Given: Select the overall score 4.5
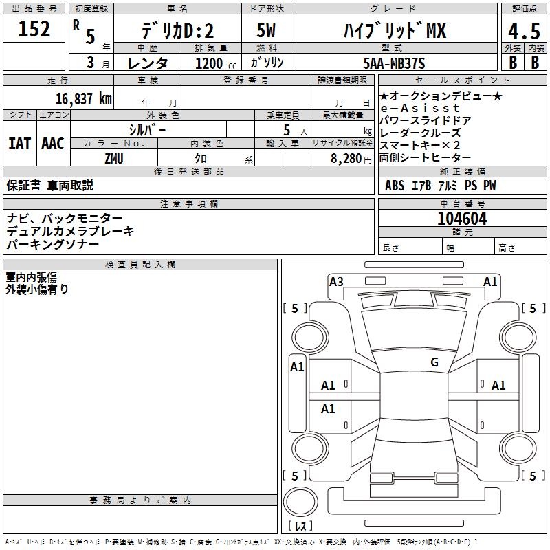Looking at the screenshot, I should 524,31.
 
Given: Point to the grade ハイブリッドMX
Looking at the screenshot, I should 394,30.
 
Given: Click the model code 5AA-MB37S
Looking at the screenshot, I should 394,63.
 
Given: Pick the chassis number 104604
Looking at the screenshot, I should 462,219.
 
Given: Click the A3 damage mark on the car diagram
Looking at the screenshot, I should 336,281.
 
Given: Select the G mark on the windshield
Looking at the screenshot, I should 434,362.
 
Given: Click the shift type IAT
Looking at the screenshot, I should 19,144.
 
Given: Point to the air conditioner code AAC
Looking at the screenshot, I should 52,144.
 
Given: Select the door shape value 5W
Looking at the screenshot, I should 267,31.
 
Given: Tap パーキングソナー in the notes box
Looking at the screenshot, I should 53,244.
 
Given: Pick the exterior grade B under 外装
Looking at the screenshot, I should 512,62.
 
